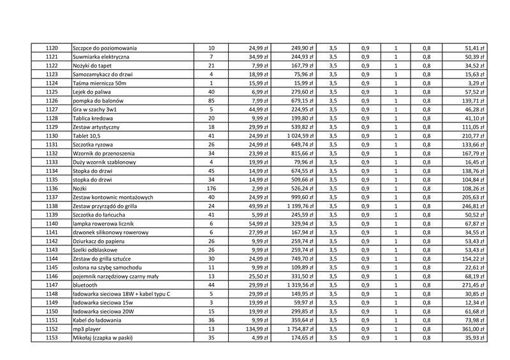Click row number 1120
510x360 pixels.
(x=52, y=48)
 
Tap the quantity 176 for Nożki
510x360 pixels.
(x=211, y=189)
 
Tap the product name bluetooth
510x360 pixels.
(x=86, y=285)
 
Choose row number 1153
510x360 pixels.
(x=52, y=338)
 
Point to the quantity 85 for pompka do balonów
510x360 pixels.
(x=211, y=101)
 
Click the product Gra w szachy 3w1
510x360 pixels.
(x=95, y=110)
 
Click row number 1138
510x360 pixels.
(x=52, y=206)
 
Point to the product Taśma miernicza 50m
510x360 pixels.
(x=100, y=83)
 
